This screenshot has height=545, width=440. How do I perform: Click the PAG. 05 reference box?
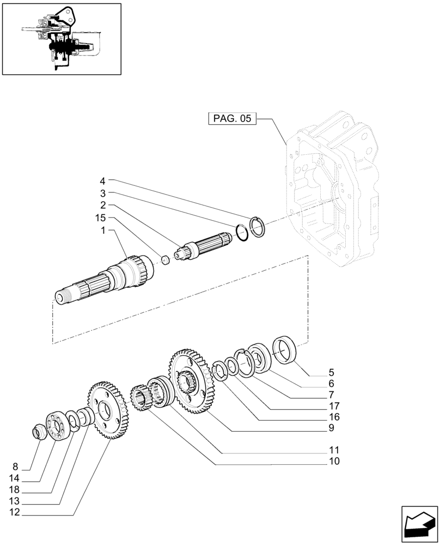pyautogui.click(x=232, y=119)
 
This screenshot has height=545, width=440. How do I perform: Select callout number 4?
pyautogui.click(x=102, y=180)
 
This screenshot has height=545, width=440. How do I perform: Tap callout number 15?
pyautogui.click(x=99, y=218)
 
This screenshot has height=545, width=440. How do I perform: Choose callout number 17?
pyautogui.click(x=333, y=406)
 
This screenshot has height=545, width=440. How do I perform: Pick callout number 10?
pyautogui.click(x=333, y=462)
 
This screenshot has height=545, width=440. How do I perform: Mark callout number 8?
pyautogui.click(x=15, y=467)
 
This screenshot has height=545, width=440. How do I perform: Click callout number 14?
pyautogui.click(x=14, y=478)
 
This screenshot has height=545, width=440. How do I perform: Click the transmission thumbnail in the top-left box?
pyautogui.click(x=61, y=38)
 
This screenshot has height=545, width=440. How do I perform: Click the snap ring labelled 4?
pyautogui.click(x=258, y=226)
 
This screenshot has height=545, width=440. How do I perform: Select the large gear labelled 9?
pyautogui.click(x=191, y=381)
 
